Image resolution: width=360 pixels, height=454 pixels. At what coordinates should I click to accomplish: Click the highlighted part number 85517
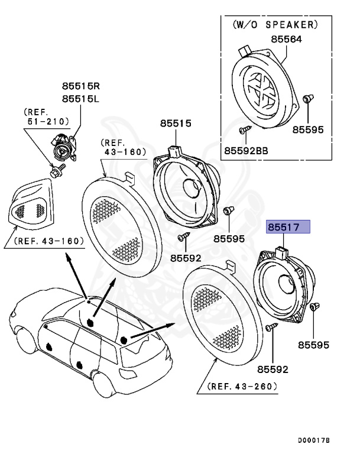point(288,226)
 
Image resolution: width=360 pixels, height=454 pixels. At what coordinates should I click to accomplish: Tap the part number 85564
point(287,40)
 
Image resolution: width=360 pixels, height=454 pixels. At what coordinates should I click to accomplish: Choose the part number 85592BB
point(246,151)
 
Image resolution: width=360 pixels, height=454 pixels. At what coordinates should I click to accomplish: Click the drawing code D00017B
point(313,440)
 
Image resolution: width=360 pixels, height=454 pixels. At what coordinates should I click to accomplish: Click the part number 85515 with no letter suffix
point(176,124)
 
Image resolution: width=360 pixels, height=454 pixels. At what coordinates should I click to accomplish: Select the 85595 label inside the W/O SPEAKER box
point(308,129)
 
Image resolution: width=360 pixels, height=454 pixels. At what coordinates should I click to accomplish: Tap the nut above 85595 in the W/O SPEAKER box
point(307,99)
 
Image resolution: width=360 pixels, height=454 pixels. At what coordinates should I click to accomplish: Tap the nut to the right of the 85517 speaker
point(314,307)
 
